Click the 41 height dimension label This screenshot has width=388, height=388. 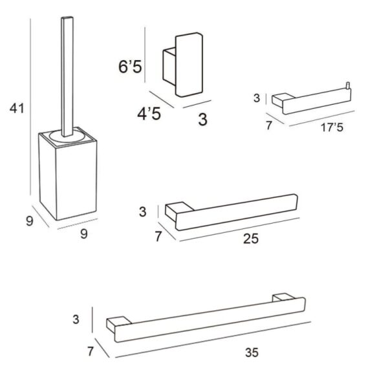[17, 108]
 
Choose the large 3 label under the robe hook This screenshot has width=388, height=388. [202, 119]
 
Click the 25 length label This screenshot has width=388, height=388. [251, 239]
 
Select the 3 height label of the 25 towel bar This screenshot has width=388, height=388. [144, 211]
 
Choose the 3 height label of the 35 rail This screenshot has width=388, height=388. [76, 319]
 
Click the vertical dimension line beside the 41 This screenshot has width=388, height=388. [31, 110]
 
